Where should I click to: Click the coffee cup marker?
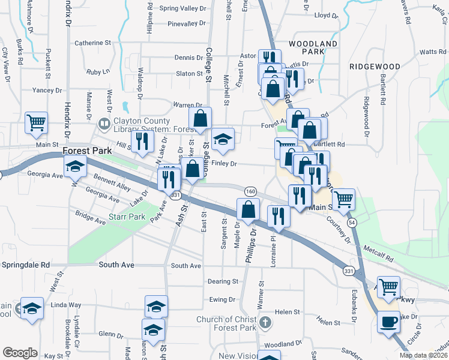pyautogui.click(x=388, y=322)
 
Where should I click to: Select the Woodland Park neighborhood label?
pyautogui.click(x=313, y=48)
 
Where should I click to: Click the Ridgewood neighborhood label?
pyautogui.click(x=375, y=67)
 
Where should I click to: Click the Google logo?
pyautogui.click(x=20, y=353)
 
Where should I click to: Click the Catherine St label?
pyautogui.click(x=93, y=43)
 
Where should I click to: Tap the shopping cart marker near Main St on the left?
pyautogui.click(x=36, y=123)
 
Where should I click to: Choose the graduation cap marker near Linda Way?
pyautogui.click(x=32, y=308)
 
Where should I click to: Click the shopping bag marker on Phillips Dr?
pyautogui.click(x=248, y=209)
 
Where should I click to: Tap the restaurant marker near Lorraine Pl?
pyautogui.click(x=278, y=215)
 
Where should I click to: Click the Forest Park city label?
pyautogui.click(x=87, y=151)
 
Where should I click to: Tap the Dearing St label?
pyautogui.click(x=223, y=281)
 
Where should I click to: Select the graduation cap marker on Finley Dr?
pyautogui.click(x=223, y=140)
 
